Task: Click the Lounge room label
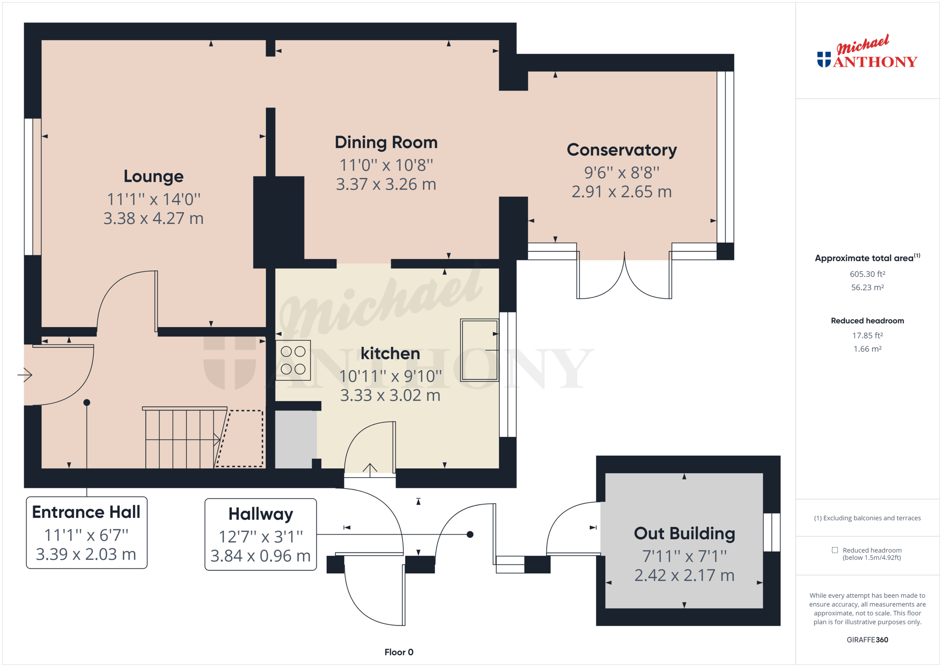click(x=153, y=176)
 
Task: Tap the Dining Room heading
click(x=386, y=143)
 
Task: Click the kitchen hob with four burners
click(x=293, y=360)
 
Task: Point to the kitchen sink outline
click(x=479, y=350)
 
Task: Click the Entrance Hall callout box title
click(x=86, y=512)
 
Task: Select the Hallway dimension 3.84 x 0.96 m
click(x=261, y=556)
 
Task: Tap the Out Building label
click(x=684, y=533)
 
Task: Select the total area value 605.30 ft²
click(x=867, y=274)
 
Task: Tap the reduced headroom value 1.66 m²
click(x=867, y=349)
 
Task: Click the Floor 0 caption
click(x=398, y=652)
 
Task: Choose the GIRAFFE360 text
click(x=867, y=640)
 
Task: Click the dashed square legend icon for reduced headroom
click(x=834, y=550)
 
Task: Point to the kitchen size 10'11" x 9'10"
click(x=390, y=376)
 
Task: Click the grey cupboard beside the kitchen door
click(x=295, y=439)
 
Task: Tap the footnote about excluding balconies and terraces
click(x=867, y=518)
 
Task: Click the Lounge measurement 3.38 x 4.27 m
click(x=153, y=218)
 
